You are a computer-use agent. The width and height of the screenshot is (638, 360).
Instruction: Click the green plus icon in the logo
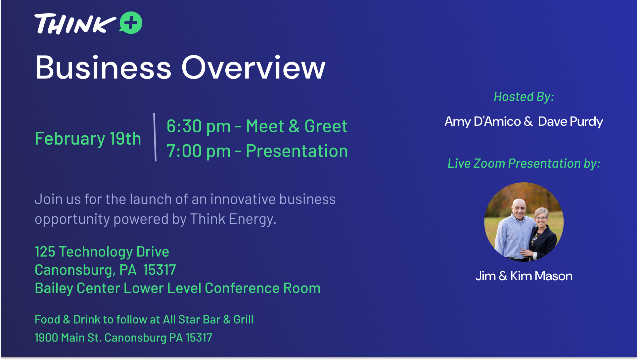[131, 23]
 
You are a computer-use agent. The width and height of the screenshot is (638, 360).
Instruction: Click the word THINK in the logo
[75, 24]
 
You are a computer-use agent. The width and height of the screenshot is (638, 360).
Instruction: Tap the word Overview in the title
[253, 67]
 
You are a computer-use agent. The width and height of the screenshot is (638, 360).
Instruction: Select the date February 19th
[88, 139]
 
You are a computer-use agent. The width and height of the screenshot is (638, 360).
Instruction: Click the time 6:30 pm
[199, 127]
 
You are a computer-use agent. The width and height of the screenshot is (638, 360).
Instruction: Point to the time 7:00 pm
[199, 152]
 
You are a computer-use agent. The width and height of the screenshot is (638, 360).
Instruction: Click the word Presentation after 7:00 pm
[297, 151]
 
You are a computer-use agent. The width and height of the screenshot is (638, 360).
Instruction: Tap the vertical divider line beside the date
[155, 137]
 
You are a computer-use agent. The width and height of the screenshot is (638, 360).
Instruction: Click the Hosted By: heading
[524, 97]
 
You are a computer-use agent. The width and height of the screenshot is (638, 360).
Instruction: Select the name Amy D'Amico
[483, 121]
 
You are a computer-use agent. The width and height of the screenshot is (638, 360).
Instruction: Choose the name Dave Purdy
[570, 122]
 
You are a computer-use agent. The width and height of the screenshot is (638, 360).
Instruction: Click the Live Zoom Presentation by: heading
[524, 163]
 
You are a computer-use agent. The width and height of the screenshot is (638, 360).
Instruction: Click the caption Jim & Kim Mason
[524, 276]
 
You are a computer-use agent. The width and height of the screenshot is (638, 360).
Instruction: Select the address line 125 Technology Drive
[102, 252]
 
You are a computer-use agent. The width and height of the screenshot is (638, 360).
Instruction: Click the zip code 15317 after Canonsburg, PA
[159, 270]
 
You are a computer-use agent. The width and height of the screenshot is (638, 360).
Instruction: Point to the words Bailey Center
[77, 288]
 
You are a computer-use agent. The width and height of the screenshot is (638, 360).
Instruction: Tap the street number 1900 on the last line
[46, 338]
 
